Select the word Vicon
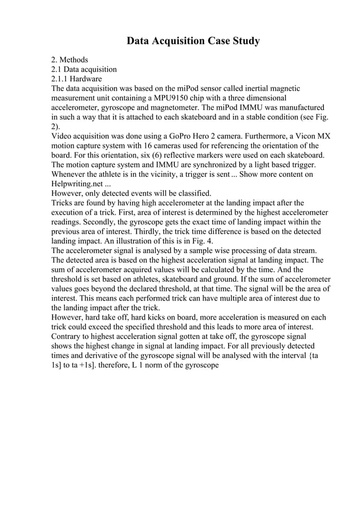coord(307,136)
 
